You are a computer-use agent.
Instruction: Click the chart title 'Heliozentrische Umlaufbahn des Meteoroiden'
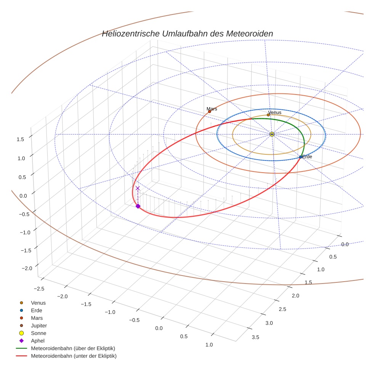[x=187, y=34]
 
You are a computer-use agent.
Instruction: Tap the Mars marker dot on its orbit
[x=210, y=111]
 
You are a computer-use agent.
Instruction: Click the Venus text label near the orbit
[x=275, y=112]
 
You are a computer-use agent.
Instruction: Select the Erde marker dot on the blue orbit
[x=301, y=157]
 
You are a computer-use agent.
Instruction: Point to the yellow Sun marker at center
[x=272, y=134]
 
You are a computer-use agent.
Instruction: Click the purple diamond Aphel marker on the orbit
[x=138, y=206]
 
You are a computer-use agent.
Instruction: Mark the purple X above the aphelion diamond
[x=138, y=188]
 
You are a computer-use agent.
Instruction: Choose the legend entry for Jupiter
[x=38, y=325]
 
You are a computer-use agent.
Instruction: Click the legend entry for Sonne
[x=38, y=333]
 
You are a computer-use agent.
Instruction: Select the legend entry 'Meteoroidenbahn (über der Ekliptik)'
[x=73, y=348]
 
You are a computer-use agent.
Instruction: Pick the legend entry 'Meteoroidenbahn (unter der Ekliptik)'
[x=73, y=356]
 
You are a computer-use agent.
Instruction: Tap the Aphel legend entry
[x=38, y=341]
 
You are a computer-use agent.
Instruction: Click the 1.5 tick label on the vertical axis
[x=20, y=139]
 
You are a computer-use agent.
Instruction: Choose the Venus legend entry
[x=38, y=303]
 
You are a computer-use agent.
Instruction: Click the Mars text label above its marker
[x=212, y=109]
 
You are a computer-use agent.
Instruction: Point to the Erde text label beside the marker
[x=307, y=157]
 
